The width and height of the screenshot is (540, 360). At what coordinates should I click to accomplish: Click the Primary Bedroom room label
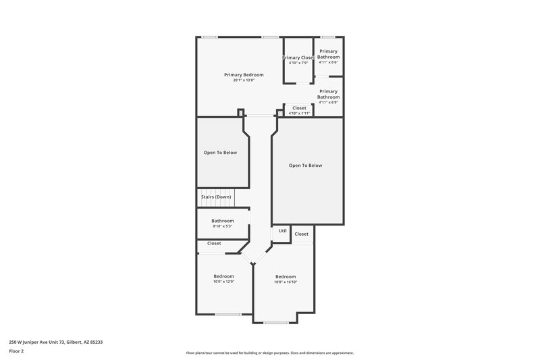pos(244,74)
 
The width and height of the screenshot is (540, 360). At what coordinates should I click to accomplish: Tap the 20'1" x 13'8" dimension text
pos(244,80)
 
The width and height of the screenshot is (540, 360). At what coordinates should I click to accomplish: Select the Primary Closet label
pos(298,57)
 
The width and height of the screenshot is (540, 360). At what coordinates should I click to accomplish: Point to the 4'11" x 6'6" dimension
pos(329,63)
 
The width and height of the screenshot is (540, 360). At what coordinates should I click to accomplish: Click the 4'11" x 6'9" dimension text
pos(329,103)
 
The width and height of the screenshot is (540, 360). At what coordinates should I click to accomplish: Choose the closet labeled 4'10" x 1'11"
pos(299,108)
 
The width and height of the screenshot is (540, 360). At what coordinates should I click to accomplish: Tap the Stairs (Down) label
pos(216,197)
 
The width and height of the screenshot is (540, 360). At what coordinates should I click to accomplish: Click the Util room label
pos(282,231)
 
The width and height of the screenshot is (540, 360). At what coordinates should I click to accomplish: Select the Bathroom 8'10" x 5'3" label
pos(222,221)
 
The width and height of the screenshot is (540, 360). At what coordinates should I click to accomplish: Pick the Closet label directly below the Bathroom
pos(214,243)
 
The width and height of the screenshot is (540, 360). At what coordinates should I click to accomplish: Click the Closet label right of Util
pos(302,234)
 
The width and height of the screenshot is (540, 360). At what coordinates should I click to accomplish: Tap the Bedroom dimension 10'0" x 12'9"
pos(224,282)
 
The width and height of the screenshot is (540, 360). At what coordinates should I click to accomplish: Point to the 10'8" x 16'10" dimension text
pos(286,282)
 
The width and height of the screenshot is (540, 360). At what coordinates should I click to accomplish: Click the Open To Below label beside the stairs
pos(220,153)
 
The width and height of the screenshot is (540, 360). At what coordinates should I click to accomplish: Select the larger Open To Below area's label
pos(305,165)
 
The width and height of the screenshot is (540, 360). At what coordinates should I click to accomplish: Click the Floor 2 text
pos(17,351)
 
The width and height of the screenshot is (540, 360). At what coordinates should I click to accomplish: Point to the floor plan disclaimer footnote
pos(269,353)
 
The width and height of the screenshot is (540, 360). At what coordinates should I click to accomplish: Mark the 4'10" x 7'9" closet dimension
pos(298,63)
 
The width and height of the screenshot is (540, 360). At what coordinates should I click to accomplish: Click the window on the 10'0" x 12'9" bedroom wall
pos(227,315)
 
